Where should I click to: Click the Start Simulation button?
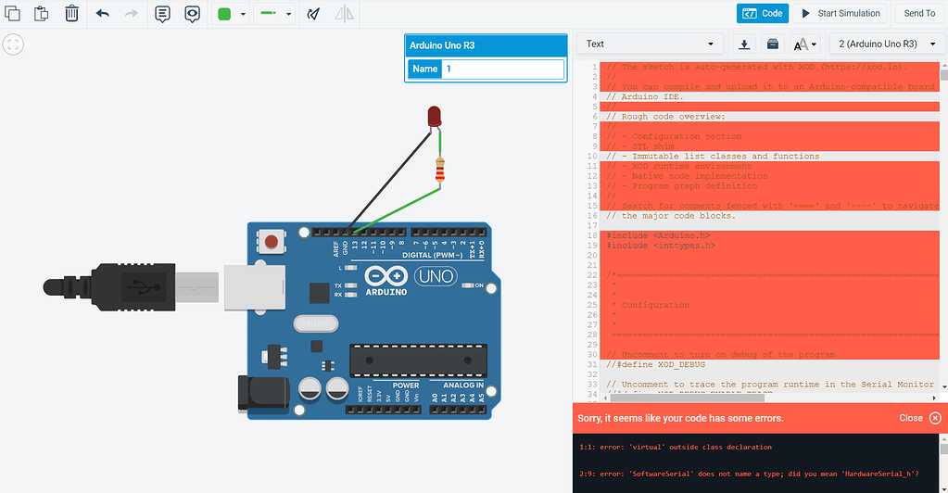pyautogui.click(x=840, y=14)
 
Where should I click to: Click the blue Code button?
pyautogui.click(x=763, y=14)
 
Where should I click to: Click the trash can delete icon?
pyautogui.click(x=72, y=14)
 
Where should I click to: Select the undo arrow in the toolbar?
pyautogui.click(x=102, y=14)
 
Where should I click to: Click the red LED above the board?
pyautogui.click(x=434, y=116)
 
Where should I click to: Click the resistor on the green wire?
pyautogui.click(x=439, y=171)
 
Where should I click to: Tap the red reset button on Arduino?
pyautogui.click(x=271, y=242)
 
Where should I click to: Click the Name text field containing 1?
pyautogui.click(x=502, y=69)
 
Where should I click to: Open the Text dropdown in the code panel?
pyautogui.click(x=651, y=44)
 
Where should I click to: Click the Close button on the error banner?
pyautogui.click(x=919, y=418)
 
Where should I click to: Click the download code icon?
pyautogui.click(x=743, y=44)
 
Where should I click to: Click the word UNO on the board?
pyautogui.click(x=433, y=276)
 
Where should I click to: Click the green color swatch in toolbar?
pyautogui.click(x=224, y=14)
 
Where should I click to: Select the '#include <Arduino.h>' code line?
pyautogui.click(x=647, y=235)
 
